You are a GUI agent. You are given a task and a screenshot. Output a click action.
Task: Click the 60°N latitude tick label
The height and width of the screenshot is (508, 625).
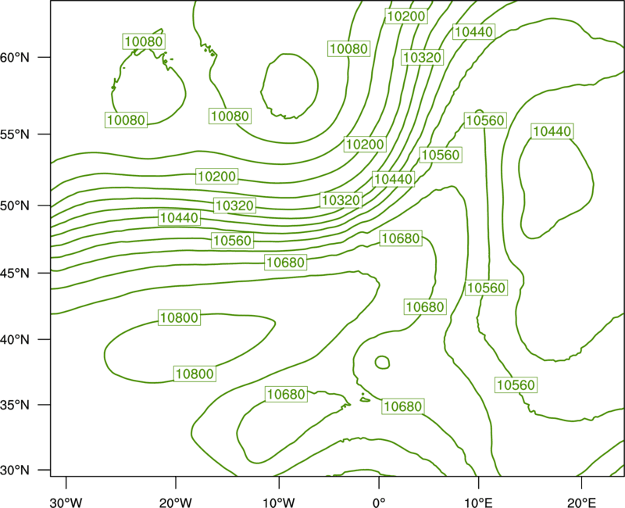pyautogui.click(x=15, y=57)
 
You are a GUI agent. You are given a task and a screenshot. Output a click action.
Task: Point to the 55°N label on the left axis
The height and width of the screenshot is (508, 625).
pyautogui.click(x=15, y=134)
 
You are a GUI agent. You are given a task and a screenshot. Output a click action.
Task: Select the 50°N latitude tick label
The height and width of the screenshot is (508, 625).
pyautogui.click(x=15, y=206)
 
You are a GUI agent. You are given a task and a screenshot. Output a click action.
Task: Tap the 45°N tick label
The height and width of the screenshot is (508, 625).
pyautogui.click(x=15, y=273)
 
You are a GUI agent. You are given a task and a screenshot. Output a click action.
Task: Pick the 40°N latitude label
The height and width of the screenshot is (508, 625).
pyautogui.click(x=15, y=340)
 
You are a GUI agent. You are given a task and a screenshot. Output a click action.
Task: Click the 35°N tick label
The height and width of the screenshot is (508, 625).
pyautogui.click(x=15, y=405)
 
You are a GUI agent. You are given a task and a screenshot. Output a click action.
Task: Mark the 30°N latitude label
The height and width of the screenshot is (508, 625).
pyautogui.click(x=15, y=470)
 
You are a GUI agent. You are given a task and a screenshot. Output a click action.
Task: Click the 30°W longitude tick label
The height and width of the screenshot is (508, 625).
pyautogui.click(x=66, y=503)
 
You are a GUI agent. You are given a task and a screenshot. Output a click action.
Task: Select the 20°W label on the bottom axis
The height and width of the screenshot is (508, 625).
pyautogui.click(x=176, y=503)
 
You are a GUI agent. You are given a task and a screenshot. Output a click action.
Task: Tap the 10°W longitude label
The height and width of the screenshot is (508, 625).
pyautogui.click(x=279, y=503)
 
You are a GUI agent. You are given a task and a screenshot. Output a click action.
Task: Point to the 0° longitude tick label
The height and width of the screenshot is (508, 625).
pyautogui.click(x=379, y=503)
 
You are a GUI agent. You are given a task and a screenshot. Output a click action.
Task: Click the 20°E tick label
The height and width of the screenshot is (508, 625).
pyautogui.click(x=581, y=503)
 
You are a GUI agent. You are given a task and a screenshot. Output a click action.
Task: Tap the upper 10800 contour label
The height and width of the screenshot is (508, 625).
pyautogui.click(x=180, y=318)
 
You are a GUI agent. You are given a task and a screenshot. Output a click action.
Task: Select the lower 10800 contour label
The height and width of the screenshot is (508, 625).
pyautogui.click(x=195, y=374)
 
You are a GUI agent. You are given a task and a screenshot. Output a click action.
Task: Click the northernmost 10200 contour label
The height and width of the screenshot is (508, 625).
pyautogui.click(x=406, y=16)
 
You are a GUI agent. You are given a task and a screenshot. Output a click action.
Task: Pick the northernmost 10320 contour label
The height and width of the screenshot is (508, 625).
pyautogui.click(x=423, y=57)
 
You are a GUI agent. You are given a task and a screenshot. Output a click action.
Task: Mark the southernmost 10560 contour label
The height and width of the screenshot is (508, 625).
pyautogui.click(x=516, y=385)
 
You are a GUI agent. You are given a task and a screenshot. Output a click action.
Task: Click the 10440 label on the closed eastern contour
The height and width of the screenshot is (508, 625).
pyautogui.click(x=552, y=131)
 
